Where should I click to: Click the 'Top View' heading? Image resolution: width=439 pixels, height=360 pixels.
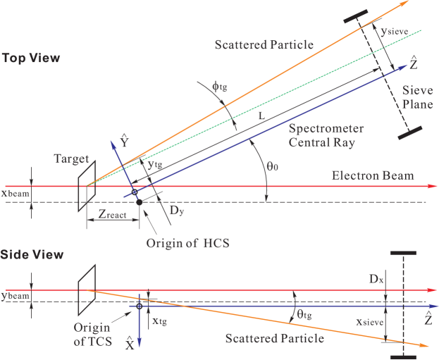(x=30, y=58)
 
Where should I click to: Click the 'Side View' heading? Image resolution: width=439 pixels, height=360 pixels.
(x=32, y=254)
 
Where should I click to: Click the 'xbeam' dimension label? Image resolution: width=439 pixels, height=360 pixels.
(x=15, y=191)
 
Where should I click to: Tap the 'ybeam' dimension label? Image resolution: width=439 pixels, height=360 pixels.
(x=15, y=296)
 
